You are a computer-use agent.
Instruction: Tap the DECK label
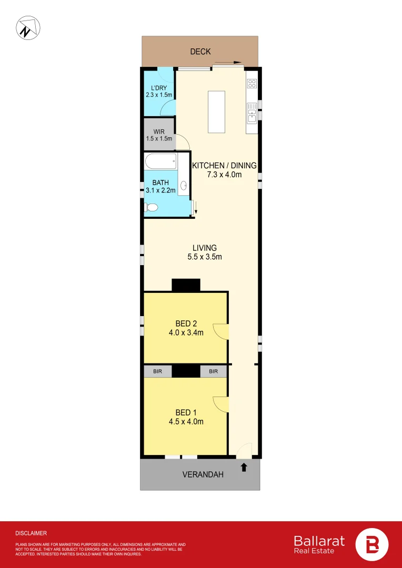tap(200, 52)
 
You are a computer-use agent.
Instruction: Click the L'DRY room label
tap(158, 87)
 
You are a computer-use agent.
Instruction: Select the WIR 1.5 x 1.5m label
tap(159, 135)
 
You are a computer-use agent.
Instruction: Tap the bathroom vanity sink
tap(184, 185)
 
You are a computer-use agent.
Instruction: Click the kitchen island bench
tap(216, 112)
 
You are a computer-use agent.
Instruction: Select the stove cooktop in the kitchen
tap(252, 83)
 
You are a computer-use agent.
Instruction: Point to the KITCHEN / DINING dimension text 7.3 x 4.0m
tap(224, 175)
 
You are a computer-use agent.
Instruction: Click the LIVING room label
tap(205, 248)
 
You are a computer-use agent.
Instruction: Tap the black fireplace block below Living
tap(186, 285)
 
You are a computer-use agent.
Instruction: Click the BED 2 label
tap(186, 323)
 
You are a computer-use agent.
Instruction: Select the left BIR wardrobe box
tap(158, 371)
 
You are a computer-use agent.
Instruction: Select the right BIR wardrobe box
tap(213, 371)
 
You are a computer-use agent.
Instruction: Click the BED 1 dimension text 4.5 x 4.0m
tap(186, 421)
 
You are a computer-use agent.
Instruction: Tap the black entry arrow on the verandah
tap(244, 466)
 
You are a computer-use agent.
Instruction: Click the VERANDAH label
tap(203, 474)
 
